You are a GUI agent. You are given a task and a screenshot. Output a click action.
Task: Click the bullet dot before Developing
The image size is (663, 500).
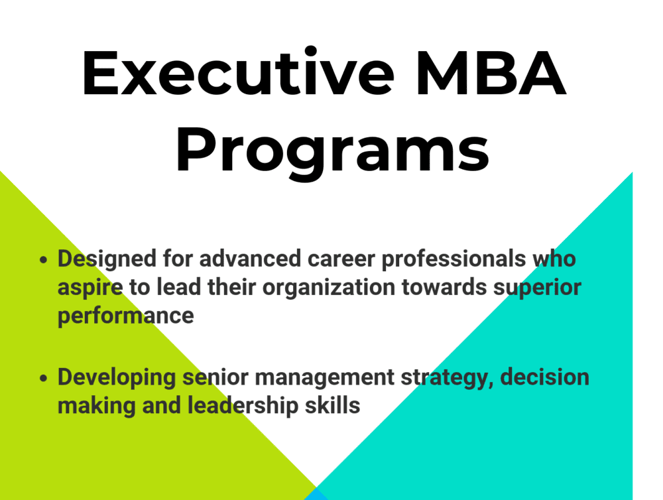[44, 378]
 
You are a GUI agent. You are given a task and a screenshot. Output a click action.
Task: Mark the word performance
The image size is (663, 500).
[125, 316]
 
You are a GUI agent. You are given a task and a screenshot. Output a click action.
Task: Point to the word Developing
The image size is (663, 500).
[117, 377]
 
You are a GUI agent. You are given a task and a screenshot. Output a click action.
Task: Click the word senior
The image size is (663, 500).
[215, 377]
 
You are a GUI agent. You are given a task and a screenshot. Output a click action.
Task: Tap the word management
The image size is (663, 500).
[325, 377]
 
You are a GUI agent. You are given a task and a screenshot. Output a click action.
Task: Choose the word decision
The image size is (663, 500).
[544, 377]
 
